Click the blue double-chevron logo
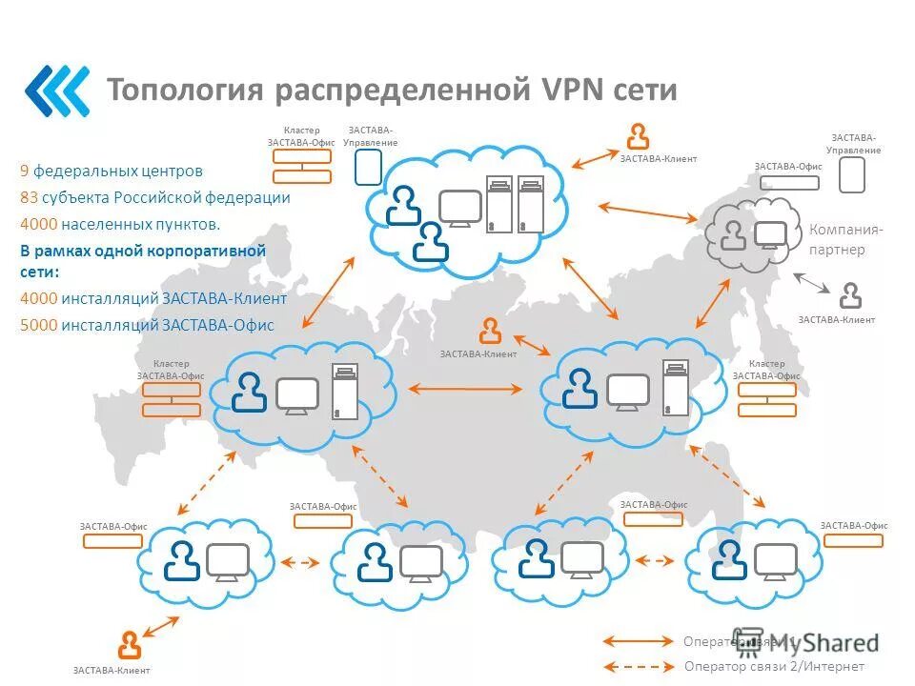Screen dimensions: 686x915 click(57, 91)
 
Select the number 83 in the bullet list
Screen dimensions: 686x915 click(30, 198)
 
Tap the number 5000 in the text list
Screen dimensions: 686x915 click(38, 325)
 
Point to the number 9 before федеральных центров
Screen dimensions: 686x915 click(24, 171)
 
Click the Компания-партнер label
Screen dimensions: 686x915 click(844, 239)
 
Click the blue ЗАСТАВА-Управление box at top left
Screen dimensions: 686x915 click(368, 167)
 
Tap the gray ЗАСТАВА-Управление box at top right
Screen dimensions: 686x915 click(851, 175)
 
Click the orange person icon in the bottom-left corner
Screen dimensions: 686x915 click(130, 645)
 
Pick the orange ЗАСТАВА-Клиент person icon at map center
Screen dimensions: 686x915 click(490, 331)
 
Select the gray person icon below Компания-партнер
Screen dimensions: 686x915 click(850, 295)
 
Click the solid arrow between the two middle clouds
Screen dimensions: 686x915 click(465, 389)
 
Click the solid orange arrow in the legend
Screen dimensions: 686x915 click(638, 641)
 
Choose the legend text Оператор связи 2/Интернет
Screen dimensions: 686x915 click(774, 666)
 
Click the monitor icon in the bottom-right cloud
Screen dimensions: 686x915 click(775, 560)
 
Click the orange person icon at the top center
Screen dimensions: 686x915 click(637, 136)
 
